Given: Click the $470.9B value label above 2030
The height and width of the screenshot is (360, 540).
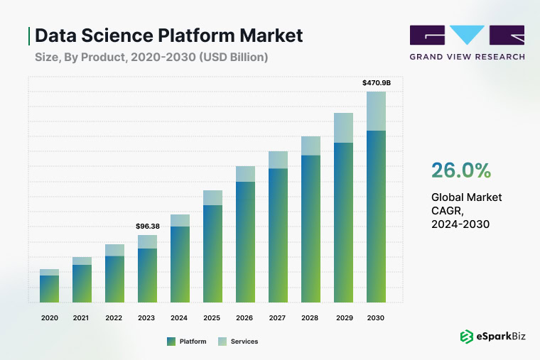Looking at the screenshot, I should pos(376,83).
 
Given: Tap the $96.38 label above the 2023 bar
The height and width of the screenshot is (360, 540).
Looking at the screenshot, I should pos(147,226).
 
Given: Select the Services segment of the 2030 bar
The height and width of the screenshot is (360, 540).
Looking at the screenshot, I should pos(376,111).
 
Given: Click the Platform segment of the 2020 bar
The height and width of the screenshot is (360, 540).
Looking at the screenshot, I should pos(49,288).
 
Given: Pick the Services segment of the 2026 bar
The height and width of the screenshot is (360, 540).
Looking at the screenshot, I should pos(245,174).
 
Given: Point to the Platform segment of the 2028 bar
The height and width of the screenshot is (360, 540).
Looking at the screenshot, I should pos(310,228).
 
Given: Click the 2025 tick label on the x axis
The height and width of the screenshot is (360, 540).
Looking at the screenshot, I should pos(212,318).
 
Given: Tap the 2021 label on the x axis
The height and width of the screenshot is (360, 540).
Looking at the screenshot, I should pos(82,318).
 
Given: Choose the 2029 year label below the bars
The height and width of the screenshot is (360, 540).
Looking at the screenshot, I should pos(343,318).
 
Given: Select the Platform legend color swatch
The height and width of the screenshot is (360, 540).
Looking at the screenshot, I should pos(171,342).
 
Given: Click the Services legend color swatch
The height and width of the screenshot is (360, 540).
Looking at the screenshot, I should pos(223,342).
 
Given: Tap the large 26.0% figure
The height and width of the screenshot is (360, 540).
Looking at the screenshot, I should pos(460,170).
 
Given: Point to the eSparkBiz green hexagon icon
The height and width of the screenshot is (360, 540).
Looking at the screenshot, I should pos(467,337).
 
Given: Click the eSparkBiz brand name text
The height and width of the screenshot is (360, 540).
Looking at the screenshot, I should pos(500,337).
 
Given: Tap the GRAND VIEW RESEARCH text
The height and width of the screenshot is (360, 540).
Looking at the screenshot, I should pos(467,56).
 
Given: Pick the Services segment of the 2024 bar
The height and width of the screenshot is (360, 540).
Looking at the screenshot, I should pos(180,220).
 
